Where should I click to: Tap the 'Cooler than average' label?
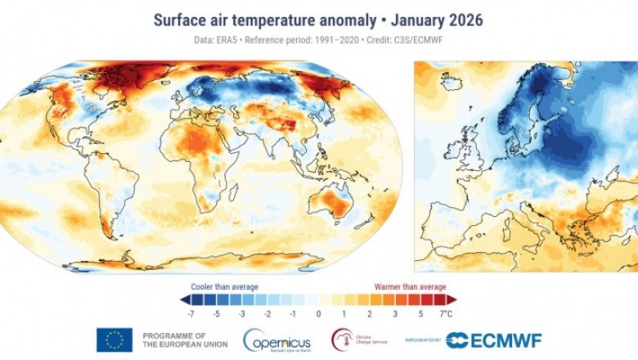click(225, 286)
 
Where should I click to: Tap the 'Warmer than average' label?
click(409, 286)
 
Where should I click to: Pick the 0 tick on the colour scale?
click(319, 313)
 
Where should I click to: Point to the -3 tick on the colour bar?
click(243, 313)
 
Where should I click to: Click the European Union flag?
click(115, 340)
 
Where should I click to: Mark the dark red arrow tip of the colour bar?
click(452, 300)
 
